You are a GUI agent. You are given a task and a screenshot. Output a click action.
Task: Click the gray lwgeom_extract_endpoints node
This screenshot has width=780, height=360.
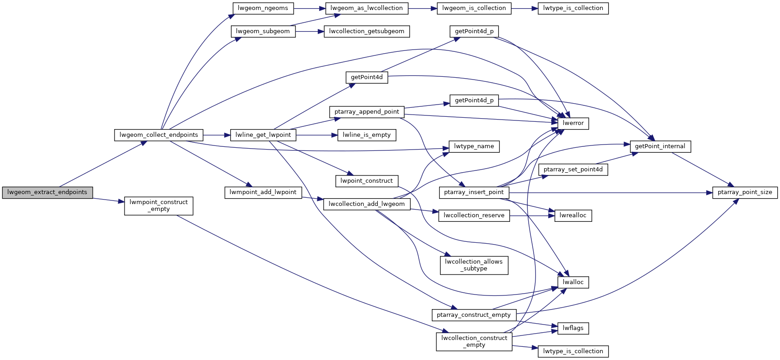click(x=47, y=192)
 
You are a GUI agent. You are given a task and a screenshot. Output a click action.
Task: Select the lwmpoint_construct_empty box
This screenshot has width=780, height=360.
click(x=159, y=206)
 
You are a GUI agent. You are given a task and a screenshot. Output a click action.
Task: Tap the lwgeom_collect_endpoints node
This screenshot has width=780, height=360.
click(x=159, y=135)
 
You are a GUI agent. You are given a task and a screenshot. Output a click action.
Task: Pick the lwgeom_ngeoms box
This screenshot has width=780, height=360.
click(x=263, y=8)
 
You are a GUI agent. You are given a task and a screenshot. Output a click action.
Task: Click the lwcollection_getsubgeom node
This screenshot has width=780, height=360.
click(x=366, y=31)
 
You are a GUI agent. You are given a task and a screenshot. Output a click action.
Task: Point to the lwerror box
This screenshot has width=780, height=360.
click(x=573, y=123)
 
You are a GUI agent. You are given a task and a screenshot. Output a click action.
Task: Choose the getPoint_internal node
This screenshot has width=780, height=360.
click(x=660, y=146)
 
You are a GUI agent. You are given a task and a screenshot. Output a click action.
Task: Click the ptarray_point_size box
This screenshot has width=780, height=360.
click(x=745, y=192)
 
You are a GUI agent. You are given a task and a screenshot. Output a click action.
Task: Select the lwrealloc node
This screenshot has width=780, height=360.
click(x=573, y=215)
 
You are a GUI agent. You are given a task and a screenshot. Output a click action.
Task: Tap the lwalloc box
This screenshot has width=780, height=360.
click(x=573, y=282)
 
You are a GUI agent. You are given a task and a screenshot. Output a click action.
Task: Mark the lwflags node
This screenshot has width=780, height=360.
click(x=573, y=328)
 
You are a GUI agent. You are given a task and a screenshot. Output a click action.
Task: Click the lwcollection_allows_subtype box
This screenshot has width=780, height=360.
click(x=474, y=265)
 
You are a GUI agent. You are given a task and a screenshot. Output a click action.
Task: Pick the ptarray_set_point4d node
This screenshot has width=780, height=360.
click(x=573, y=170)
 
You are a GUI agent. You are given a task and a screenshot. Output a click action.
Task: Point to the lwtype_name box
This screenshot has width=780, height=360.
click(x=474, y=146)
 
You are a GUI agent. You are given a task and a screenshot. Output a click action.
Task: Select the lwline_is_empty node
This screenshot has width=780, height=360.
click(x=366, y=135)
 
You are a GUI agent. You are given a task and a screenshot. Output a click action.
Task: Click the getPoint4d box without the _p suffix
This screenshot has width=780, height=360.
click(x=366, y=77)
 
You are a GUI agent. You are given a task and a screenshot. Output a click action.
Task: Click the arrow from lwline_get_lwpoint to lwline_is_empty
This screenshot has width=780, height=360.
click(x=316, y=135)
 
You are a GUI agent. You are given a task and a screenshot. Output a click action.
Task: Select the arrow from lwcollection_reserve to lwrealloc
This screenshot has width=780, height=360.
click(x=532, y=215)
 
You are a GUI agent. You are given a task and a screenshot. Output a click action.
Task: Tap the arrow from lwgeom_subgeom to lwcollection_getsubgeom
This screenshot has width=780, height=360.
click(x=310, y=31)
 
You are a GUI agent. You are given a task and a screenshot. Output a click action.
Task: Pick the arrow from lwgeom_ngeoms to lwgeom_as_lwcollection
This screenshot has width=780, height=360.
click(x=310, y=8)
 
